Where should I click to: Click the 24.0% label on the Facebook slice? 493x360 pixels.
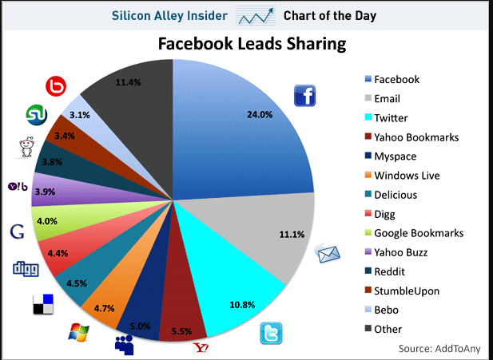260,114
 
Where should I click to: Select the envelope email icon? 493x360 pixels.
329,255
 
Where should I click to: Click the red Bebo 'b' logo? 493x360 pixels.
56,87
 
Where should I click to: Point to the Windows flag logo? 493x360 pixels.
78,331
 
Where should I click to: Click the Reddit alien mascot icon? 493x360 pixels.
26,148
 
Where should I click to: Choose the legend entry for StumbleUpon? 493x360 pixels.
405,291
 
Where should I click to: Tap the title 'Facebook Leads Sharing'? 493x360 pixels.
252,44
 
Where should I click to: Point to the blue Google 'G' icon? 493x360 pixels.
15,231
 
